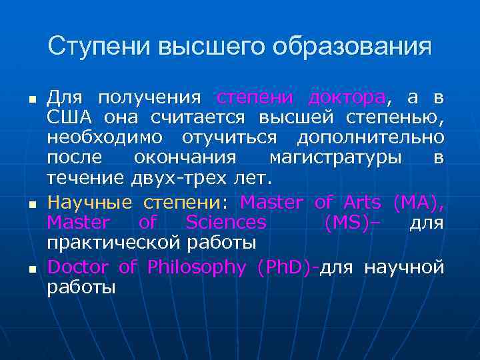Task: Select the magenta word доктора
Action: pos(347,98)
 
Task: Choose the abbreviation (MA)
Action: pos(418,202)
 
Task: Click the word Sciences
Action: pos(225,222)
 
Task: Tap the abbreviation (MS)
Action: pos(347,222)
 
